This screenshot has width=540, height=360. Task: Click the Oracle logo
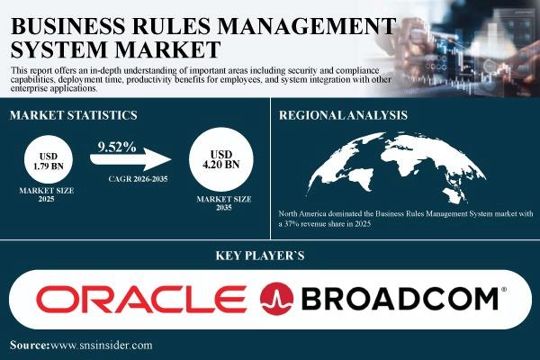(141, 299)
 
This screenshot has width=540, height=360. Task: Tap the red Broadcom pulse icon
(276, 299)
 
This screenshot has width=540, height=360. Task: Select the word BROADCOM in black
(400, 299)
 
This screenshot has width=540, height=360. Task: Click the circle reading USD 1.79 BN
(49, 160)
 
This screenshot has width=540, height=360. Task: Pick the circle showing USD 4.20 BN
(221, 159)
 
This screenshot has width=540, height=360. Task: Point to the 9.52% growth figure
(117, 147)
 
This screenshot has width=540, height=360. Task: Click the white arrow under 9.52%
(130, 159)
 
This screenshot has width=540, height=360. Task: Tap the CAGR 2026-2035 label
(138, 179)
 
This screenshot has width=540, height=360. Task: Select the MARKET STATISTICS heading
(74, 115)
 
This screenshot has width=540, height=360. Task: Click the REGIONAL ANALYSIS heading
(343, 115)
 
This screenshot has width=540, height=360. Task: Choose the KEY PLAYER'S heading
(260, 256)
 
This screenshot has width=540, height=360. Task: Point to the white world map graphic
(396, 167)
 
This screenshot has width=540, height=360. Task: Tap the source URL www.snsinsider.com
(101, 346)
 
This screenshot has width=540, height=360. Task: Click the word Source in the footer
(30, 346)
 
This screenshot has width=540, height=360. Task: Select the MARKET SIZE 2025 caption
(47, 194)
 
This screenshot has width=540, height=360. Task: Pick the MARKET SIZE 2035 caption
(224, 203)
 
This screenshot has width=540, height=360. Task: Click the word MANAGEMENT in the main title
(307, 26)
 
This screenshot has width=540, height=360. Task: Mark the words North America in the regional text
(302, 213)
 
